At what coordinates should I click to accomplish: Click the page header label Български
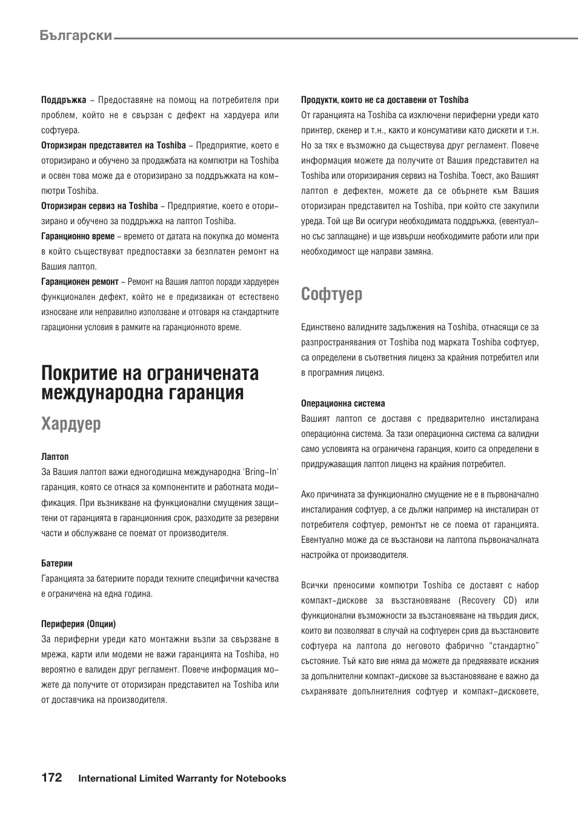76,35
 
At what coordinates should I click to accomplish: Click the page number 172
51,778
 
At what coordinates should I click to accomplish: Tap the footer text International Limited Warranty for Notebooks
182,779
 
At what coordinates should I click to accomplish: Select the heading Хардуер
71,424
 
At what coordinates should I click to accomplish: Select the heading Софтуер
332,294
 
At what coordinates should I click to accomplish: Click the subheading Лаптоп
55,457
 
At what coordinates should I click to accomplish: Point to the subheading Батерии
57,563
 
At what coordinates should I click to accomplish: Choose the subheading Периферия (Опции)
78,624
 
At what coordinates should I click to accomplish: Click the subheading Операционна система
343,404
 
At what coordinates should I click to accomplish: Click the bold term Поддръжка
64,100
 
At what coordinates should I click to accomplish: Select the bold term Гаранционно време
78,236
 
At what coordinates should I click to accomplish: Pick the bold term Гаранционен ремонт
80,282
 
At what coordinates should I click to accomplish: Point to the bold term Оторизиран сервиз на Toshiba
99,206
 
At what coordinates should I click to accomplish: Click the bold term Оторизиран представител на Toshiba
113,145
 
